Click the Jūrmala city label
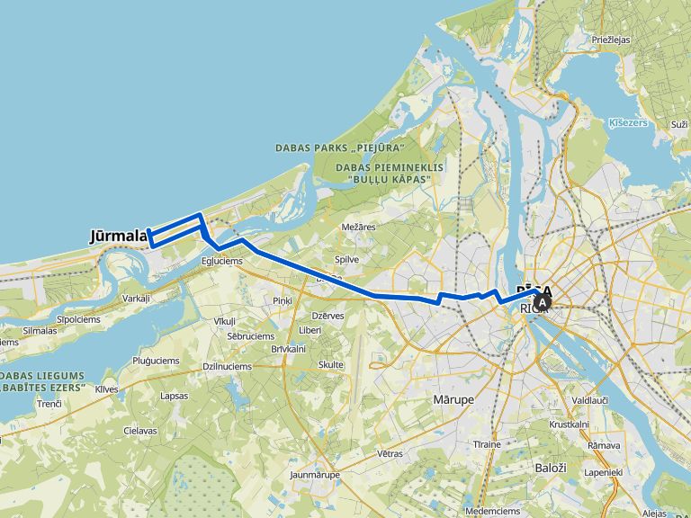click(118, 237)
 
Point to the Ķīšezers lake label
click(628, 122)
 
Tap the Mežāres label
click(359, 228)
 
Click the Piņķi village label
click(283, 300)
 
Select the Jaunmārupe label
click(314, 474)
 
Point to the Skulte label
click(331, 364)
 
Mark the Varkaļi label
click(137, 298)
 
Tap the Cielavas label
click(140, 431)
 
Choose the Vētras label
click(390, 454)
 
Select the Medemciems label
click(492, 511)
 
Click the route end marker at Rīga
click(543, 300)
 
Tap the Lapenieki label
click(604, 471)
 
